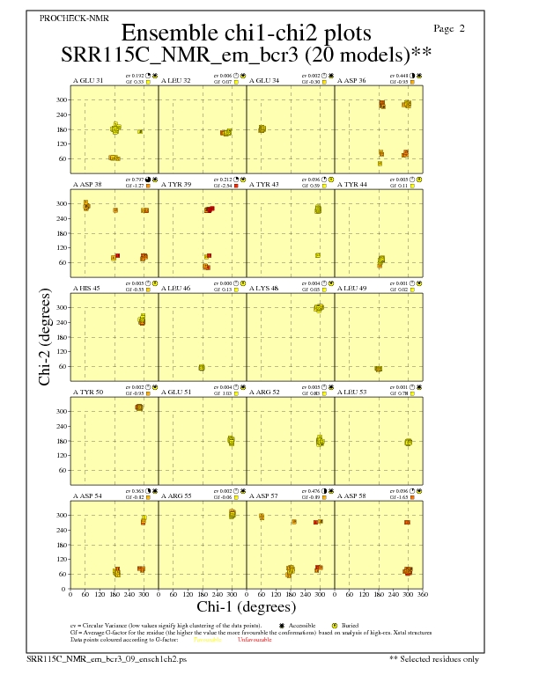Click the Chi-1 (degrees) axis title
point(246,607)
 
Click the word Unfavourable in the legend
point(255,640)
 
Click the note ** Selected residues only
point(435,657)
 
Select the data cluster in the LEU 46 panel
point(202,368)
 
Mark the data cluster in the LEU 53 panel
point(408,443)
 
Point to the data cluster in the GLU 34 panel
point(262,128)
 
